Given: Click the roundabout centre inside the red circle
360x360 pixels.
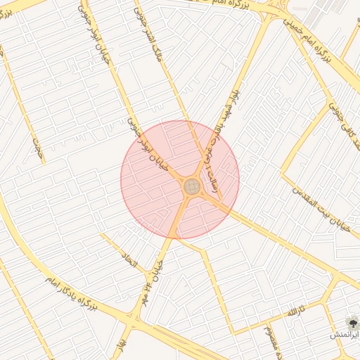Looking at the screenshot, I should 191,188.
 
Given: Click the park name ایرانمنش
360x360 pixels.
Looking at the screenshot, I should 344,335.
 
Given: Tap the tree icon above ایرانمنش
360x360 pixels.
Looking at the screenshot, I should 349,322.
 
